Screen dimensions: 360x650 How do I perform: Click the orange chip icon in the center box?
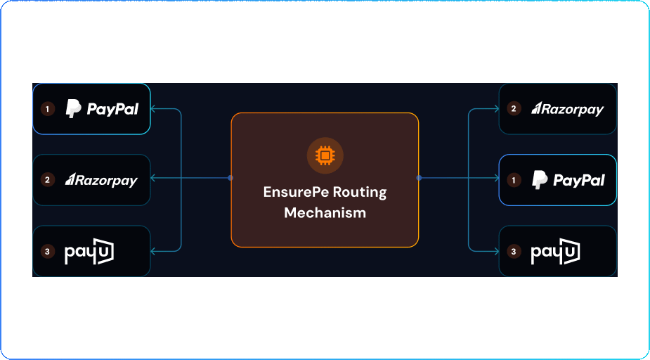tap(325, 155)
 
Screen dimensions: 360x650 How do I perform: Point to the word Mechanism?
tap(325, 212)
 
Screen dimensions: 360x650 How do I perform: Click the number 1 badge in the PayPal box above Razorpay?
tap(48, 109)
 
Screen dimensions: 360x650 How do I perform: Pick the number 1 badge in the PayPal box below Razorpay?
tap(514, 181)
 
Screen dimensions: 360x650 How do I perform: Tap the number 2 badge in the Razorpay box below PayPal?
tap(48, 180)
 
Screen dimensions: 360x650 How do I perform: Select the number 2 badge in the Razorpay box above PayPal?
tap(514, 109)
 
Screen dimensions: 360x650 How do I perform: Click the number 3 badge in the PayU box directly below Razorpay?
tap(48, 252)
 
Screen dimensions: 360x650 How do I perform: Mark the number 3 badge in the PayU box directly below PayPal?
tap(514, 252)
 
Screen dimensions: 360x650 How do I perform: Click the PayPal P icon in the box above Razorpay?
tap(73, 108)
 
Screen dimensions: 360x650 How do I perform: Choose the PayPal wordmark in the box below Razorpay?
tap(578, 181)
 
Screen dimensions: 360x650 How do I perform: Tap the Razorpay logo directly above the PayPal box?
tap(567, 109)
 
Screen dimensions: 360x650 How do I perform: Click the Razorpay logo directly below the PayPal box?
tap(101, 181)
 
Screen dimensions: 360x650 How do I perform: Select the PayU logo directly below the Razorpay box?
tap(89, 252)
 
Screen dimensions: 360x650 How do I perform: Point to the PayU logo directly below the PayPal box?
tap(555, 252)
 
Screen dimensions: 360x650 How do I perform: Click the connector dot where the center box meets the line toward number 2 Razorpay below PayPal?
tap(230, 178)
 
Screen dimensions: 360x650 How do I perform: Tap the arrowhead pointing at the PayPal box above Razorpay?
tap(155, 109)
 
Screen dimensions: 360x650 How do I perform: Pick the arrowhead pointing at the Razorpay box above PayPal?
tap(495, 109)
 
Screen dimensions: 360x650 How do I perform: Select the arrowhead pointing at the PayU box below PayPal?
tap(495, 251)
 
